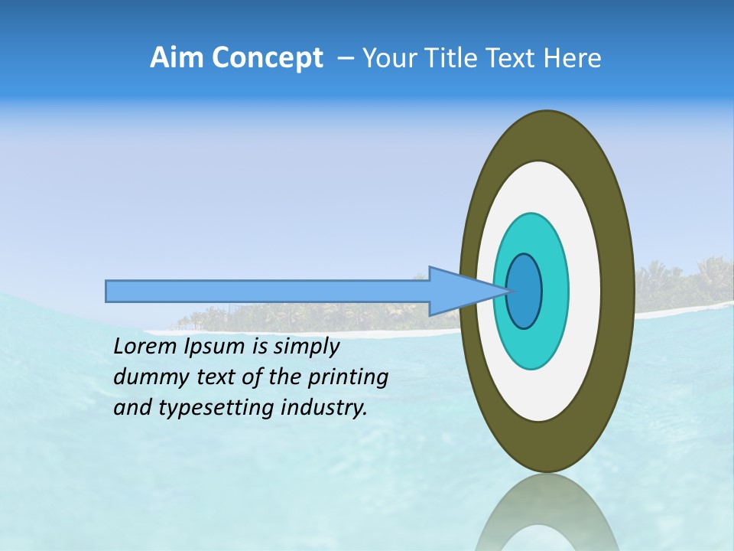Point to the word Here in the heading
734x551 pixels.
(x=573, y=57)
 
